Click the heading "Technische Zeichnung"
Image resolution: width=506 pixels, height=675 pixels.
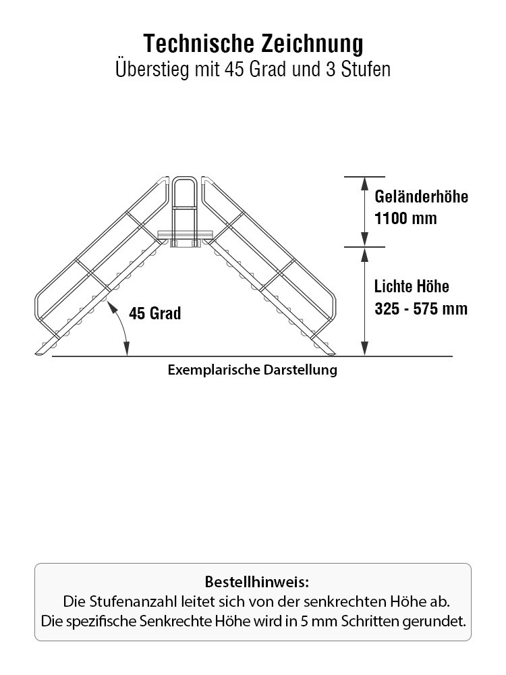(x=253, y=43)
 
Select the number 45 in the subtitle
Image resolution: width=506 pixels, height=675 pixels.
(x=234, y=70)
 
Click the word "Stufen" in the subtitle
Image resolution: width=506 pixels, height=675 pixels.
(x=366, y=70)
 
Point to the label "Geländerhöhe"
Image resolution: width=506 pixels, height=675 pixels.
(x=421, y=196)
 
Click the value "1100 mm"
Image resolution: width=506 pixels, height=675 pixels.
(x=405, y=218)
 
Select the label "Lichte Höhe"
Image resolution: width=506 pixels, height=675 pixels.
(x=412, y=286)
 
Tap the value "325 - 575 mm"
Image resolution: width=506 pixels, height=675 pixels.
(x=421, y=308)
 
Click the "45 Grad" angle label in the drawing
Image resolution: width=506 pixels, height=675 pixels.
(x=155, y=313)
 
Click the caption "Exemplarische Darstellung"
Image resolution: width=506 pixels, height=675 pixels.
(x=252, y=370)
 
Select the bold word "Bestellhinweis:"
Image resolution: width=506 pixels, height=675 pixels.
(x=257, y=582)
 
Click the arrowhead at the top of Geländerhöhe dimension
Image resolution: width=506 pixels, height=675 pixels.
(x=364, y=183)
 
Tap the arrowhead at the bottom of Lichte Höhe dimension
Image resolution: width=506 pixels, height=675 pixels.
(x=364, y=349)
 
